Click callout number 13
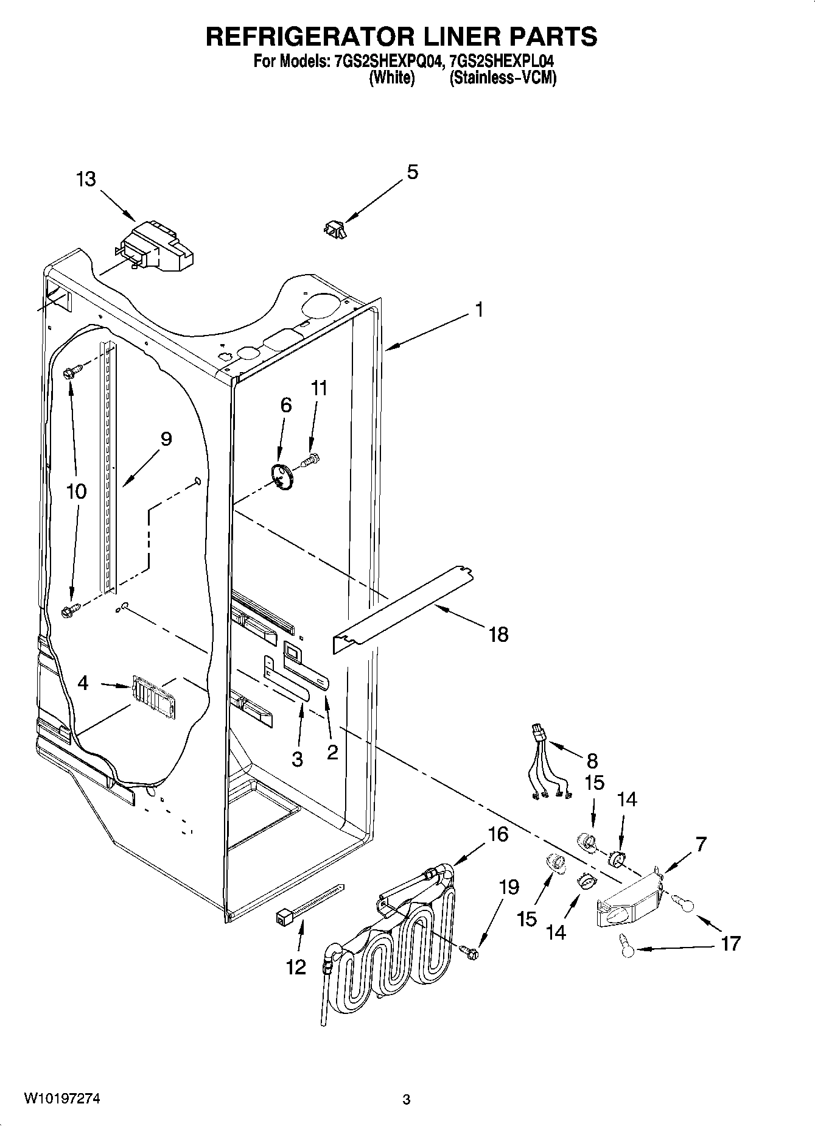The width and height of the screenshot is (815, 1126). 86,180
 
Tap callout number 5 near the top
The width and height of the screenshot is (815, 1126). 412,172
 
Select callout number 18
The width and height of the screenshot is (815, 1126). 498,635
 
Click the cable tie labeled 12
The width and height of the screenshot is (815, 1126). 310,903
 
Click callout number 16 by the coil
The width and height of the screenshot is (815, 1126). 498,834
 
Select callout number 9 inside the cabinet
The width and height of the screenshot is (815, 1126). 166,439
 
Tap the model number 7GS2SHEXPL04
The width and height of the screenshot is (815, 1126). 500,62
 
